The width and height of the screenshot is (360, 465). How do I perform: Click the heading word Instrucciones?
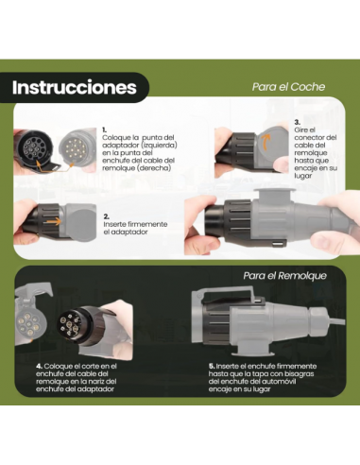pyautogui.click(x=74, y=87)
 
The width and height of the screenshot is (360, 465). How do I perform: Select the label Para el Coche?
pyautogui.click(x=288, y=86)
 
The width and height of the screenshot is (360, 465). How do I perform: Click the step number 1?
pyautogui.click(x=104, y=129)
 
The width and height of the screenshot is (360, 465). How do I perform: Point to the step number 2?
pyautogui.click(x=106, y=215)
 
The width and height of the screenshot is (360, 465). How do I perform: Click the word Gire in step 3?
pyautogui.click(x=300, y=130)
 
